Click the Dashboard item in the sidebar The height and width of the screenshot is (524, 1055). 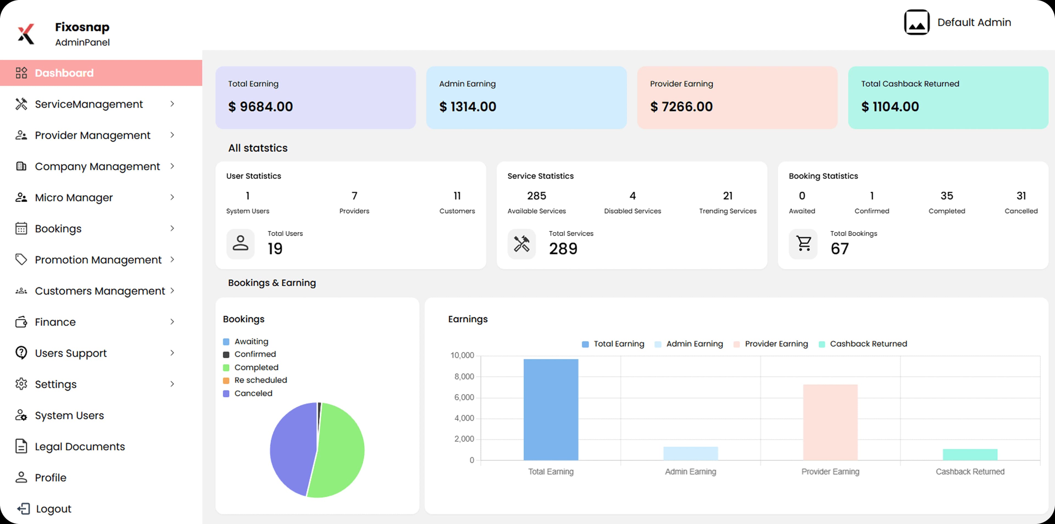tap(64, 73)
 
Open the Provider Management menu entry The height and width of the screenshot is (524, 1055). tap(93, 135)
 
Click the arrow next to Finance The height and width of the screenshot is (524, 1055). tap(172, 322)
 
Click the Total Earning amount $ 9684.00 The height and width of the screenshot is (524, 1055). tap(260, 106)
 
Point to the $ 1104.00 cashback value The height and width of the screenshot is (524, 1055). tap(890, 106)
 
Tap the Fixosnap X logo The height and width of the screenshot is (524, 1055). tap(26, 34)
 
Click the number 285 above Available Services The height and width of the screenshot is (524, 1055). tap(537, 196)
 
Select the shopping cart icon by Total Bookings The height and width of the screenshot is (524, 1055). tap(804, 244)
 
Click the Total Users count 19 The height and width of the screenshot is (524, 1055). tap(275, 249)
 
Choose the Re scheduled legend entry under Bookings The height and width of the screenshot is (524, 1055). tap(260, 380)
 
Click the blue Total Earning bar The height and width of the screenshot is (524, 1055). tap(551, 410)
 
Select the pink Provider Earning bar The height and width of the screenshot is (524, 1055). tap(830, 422)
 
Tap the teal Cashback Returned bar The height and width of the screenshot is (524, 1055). tap(970, 454)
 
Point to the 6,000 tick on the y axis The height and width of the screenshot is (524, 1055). tap(464, 398)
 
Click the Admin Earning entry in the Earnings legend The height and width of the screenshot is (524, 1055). tap(694, 344)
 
